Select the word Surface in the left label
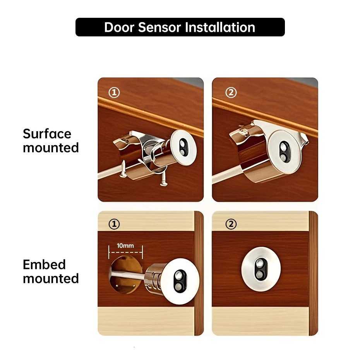click(47, 134)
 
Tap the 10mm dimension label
click(126, 246)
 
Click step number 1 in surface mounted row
click(114, 93)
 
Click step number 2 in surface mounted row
click(231, 93)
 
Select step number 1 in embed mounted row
click(114, 224)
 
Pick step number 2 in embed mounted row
click(231, 224)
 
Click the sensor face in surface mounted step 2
click(285, 151)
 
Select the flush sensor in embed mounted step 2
click(261, 269)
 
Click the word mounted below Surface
click(51, 148)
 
